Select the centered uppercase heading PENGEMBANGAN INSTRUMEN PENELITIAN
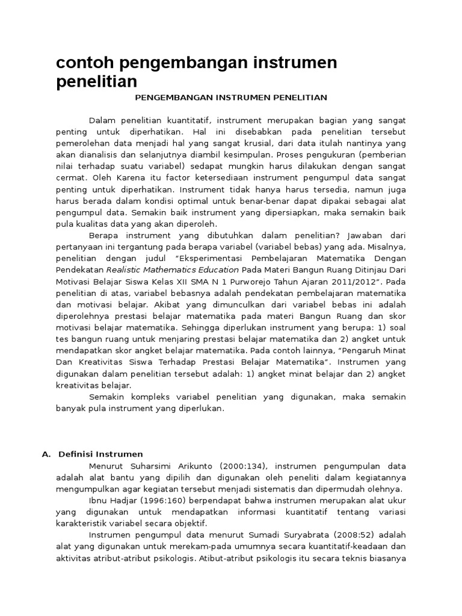[x=230, y=97]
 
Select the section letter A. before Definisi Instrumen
[x=46, y=454]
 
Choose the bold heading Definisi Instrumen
[x=100, y=454]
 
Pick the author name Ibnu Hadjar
[x=110, y=500]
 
